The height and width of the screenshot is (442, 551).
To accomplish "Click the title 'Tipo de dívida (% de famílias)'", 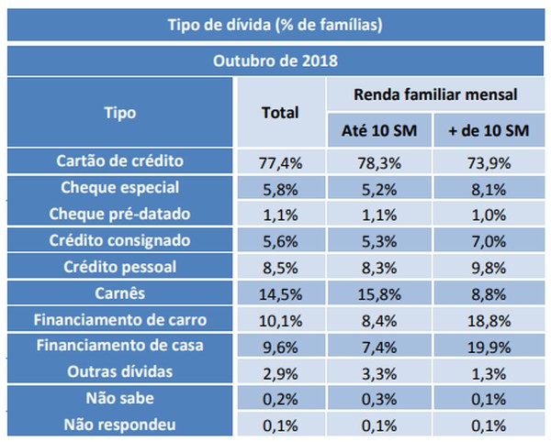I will point(275,24).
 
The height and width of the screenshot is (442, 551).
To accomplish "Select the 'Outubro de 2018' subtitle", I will point(275,62).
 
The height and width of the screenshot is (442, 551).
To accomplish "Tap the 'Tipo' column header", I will point(120,113).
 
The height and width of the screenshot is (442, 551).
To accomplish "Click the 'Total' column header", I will point(281,113).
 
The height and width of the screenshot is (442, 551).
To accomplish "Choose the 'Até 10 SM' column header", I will point(380,132).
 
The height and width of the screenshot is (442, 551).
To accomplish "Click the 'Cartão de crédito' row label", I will point(120,161).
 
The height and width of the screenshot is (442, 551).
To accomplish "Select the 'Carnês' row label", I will point(120,294).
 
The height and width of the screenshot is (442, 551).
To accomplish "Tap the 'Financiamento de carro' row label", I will point(120,321).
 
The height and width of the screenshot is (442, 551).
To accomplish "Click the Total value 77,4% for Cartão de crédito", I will point(281,163).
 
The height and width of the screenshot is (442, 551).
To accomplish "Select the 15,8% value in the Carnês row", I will point(380,295).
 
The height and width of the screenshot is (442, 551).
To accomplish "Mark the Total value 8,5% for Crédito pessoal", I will point(281,269).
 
